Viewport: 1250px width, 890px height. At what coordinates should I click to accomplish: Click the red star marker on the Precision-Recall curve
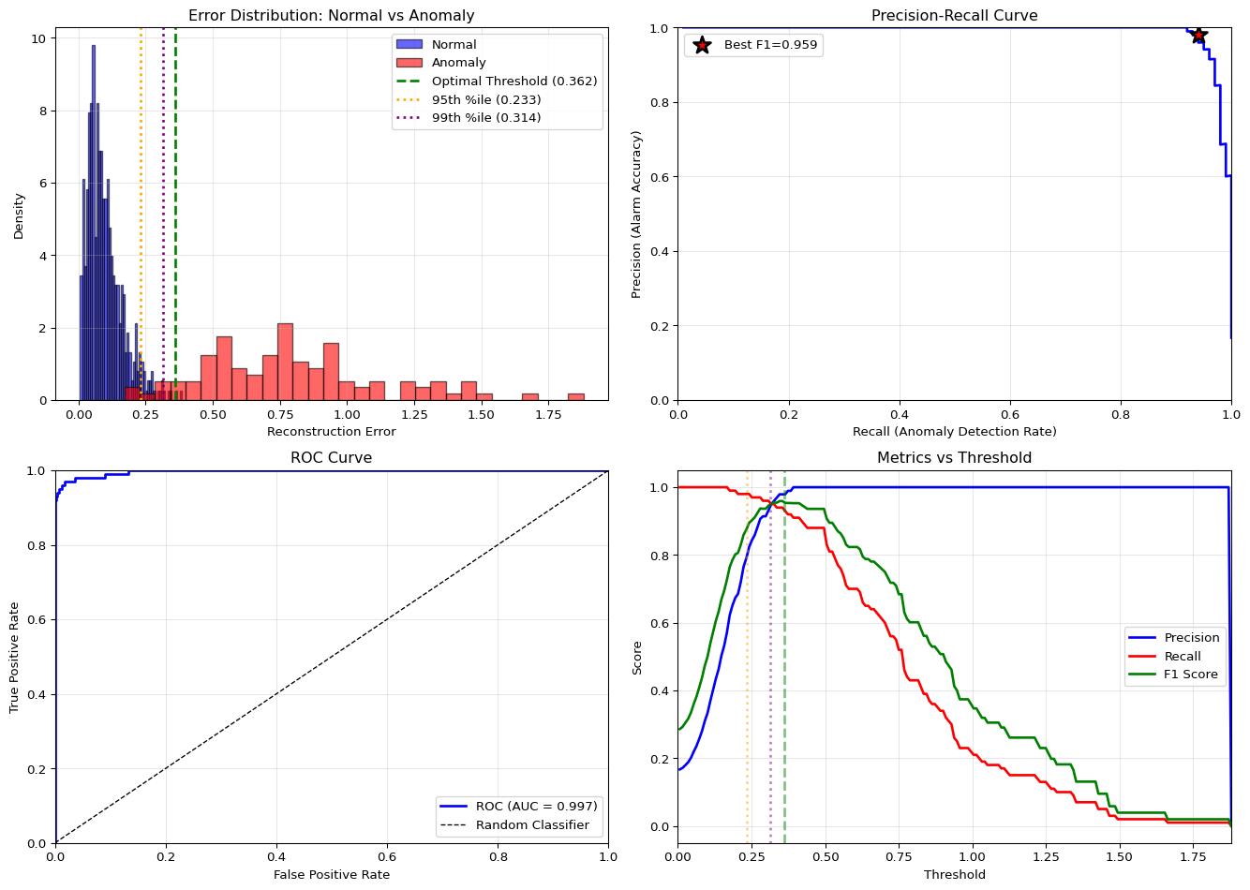tap(1198, 36)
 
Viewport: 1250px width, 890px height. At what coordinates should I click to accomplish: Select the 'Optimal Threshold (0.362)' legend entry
tap(514, 82)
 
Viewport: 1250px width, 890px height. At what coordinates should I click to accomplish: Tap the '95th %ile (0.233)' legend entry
tap(485, 99)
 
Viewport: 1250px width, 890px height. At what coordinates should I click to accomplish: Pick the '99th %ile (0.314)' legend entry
tap(485, 118)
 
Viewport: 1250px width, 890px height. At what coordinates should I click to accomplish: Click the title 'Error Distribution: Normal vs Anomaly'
tap(331, 16)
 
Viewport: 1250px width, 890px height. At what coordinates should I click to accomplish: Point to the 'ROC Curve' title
tap(331, 458)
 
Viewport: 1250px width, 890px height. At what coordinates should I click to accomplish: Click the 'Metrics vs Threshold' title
tap(954, 458)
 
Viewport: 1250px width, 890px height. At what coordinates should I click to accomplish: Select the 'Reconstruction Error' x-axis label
tap(331, 432)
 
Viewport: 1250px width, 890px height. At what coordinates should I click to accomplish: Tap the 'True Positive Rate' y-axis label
tap(15, 657)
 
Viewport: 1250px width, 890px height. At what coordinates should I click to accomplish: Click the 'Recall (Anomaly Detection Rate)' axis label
tap(954, 432)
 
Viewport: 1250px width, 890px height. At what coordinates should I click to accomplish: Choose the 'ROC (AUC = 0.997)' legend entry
tap(536, 807)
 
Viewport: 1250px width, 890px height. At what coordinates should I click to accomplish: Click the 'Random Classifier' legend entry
tap(532, 825)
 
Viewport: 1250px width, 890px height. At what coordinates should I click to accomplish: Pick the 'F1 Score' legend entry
tap(1191, 675)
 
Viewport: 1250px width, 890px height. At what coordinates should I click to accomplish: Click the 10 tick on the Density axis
tap(38, 38)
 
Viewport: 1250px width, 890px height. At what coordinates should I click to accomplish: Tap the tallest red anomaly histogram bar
tap(285, 363)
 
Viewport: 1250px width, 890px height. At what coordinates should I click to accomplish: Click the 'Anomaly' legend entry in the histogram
tap(458, 63)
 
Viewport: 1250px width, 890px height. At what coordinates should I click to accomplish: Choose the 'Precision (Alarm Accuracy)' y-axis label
tap(637, 215)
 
